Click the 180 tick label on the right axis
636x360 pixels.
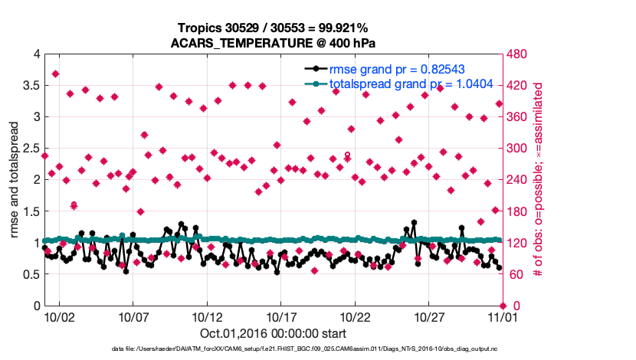coord(519,212)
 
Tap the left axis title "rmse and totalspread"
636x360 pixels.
coord(15,180)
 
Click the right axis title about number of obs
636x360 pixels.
coord(539,180)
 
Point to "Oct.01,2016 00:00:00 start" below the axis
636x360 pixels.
coord(273,333)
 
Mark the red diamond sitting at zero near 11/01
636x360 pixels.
coord(502,306)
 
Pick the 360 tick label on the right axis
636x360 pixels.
coord(519,117)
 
